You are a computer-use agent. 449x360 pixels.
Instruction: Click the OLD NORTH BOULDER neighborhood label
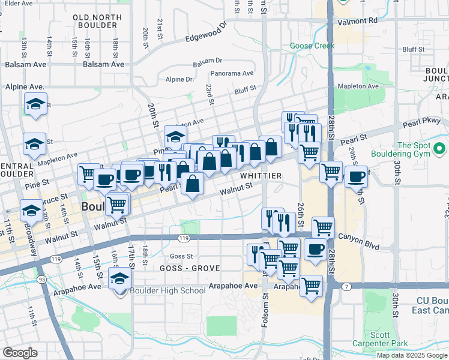point(95,21)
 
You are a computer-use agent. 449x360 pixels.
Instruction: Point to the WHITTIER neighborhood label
point(261,175)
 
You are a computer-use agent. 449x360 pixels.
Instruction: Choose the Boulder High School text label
point(167,290)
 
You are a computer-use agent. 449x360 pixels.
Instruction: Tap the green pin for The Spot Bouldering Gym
point(440,148)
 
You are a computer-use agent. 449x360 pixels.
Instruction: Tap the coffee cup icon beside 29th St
point(356,176)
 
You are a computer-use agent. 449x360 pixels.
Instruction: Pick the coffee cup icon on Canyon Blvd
point(315,249)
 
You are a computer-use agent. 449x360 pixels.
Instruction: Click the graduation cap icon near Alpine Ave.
point(36,104)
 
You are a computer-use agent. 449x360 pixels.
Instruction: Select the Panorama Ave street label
point(232,74)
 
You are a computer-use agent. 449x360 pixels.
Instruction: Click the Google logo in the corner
point(20,353)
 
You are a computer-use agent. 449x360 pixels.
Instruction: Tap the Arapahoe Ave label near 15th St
point(77,287)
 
